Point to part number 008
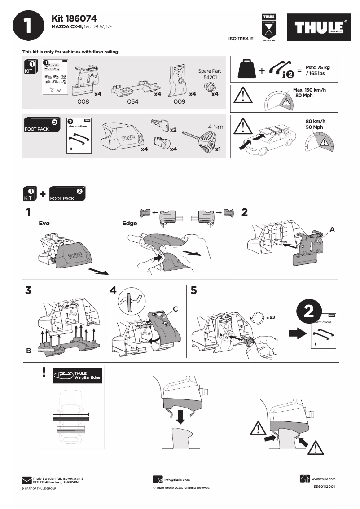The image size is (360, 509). pos(83,102)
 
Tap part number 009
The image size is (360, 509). pos(180,102)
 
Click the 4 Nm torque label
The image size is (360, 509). pos(215,127)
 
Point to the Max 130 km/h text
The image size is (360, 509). pos(309,90)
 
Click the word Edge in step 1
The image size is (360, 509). pos(129,223)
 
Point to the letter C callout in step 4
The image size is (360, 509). pos(176,308)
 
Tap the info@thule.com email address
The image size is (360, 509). pos(177,480)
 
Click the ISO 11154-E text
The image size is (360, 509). pos(241,39)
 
